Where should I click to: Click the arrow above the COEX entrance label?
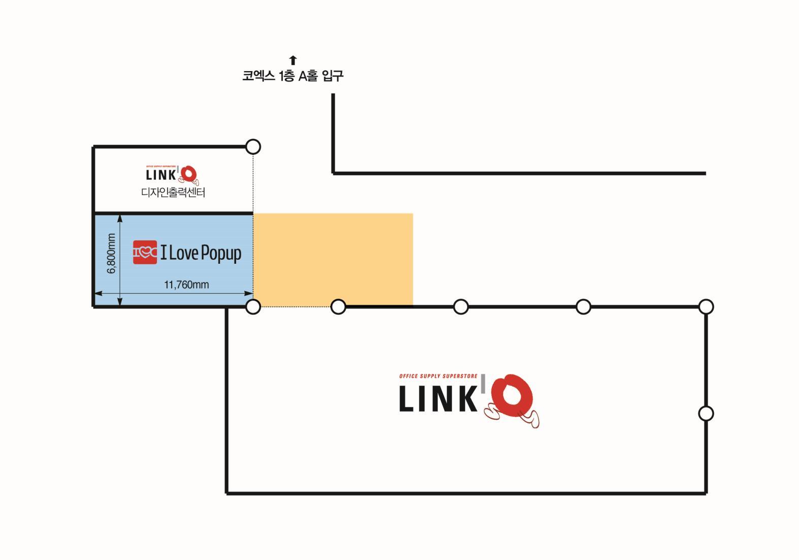pyautogui.click(x=293, y=60)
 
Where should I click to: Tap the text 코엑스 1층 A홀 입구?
pyautogui.click(x=293, y=76)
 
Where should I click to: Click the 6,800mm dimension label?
pyautogui.click(x=112, y=253)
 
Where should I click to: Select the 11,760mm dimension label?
pyautogui.click(x=186, y=285)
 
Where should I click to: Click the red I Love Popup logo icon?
pyautogui.click(x=145, y=252)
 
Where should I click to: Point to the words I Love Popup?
pyautogui.click(x=201, y=253)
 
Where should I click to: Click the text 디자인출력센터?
pyautogui.click(x=173, y=193)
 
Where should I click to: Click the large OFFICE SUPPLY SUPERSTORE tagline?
pyautogui.click(x=438, y=377)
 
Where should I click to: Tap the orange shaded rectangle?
pyautogui.click(x=333, y=260)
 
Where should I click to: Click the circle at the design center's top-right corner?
pyautogui.click(x=253, y=147)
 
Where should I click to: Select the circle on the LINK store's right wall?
pyautogui.click(x=706, y=414)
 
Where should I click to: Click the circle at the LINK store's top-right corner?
pyautogui.click(x=706, y=307)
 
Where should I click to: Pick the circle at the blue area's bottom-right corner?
pyautogui.click(x=253, y=307)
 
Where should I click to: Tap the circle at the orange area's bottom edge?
pyautogui.click(x=338, y=307)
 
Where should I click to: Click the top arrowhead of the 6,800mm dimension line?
pyautogui.click(x=120, y=217)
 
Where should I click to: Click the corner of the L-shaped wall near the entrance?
pyautogui.click(x=334, y=173)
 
